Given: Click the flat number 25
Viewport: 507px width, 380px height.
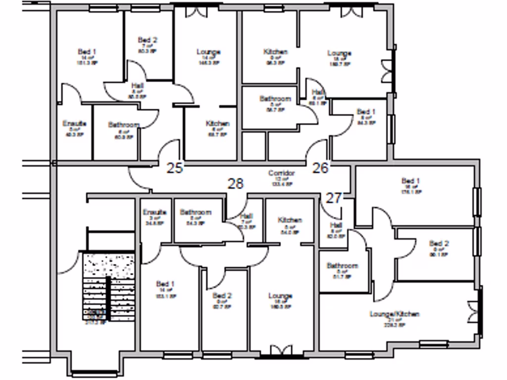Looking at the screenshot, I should point(175,168).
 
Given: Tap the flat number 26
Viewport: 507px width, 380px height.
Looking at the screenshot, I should point(320,168).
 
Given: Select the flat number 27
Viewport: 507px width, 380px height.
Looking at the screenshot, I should point(334,198).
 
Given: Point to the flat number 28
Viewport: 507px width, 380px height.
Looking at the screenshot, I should point(236,184).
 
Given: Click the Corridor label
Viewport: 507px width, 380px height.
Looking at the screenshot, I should point(281,173).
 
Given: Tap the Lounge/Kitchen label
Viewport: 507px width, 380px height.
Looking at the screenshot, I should point(395,314).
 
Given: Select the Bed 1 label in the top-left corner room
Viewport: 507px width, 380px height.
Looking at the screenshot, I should point(87,51).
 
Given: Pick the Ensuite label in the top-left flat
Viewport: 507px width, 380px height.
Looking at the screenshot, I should point(75,123).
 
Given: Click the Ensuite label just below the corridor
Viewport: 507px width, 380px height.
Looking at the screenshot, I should point(154,212).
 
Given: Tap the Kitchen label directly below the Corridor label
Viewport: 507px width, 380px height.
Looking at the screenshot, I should point(290,220).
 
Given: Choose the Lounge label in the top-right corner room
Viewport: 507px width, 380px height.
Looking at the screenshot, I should point(339,53).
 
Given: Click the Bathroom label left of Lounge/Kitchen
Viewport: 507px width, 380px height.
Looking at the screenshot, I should point(342,266).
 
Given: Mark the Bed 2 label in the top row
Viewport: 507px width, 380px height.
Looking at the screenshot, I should point(148,40).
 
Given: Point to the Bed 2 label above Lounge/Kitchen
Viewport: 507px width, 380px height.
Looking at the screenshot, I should point(439,243).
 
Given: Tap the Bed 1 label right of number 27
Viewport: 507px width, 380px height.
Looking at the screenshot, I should point(410,181).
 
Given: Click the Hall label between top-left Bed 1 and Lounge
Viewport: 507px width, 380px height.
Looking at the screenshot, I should point(138,86).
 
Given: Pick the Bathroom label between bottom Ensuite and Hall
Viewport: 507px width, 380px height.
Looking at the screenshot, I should point(195,212).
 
